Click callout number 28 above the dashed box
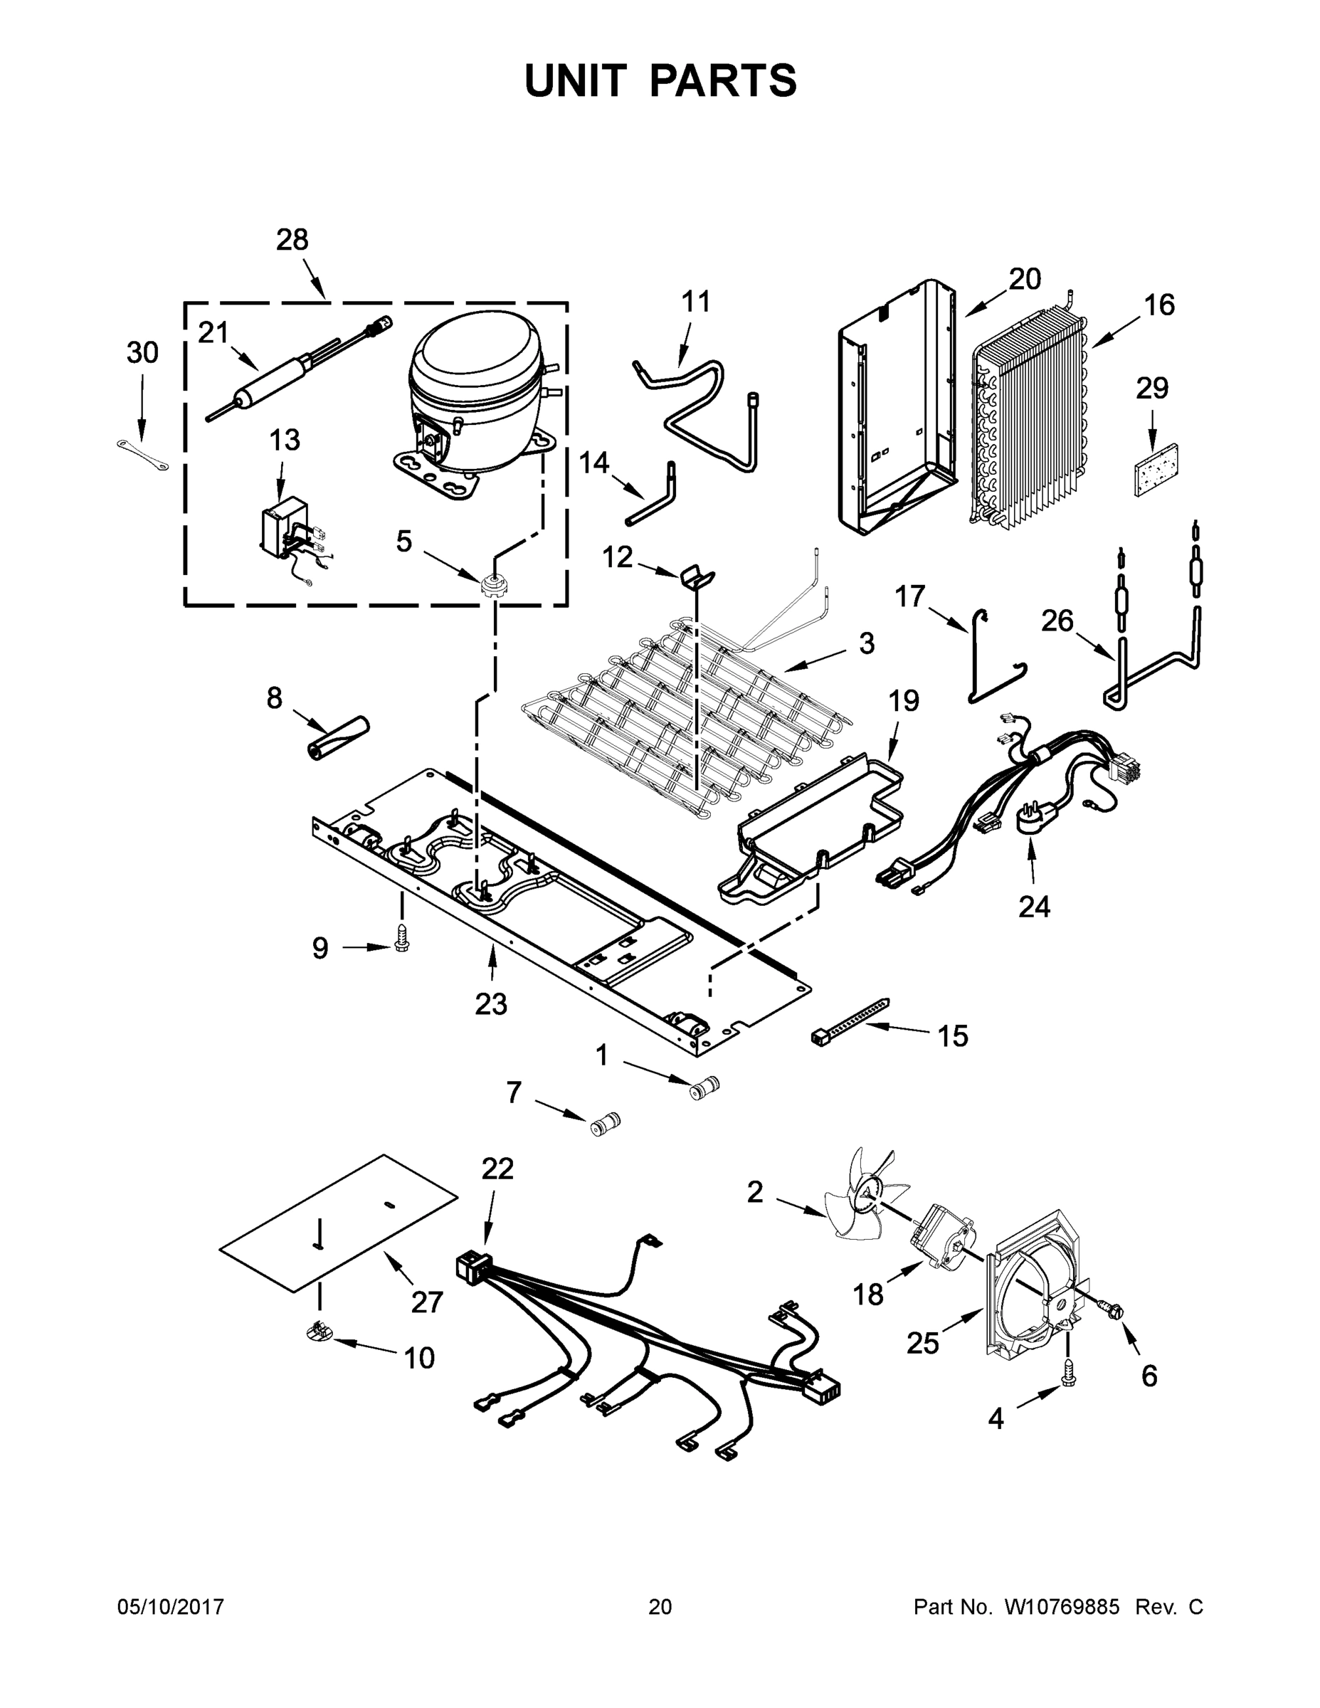292,239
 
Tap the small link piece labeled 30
142,456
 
